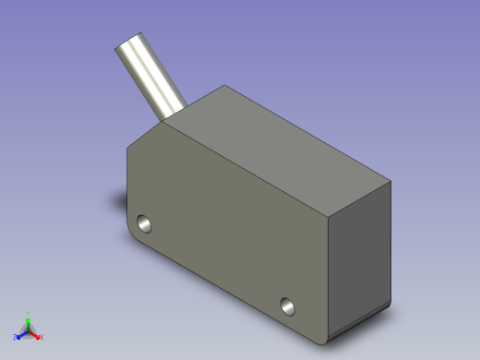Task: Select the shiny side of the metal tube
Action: [x=152, y=78]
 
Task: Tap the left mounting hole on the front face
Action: [x=144, y=222]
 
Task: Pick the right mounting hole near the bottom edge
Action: [x=289, y=305]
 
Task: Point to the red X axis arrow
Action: [x=36, y=335]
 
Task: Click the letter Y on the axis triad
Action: [x=29, y=314]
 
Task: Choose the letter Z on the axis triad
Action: [x=16, y=337]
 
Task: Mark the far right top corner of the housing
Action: [x=391, y=183]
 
